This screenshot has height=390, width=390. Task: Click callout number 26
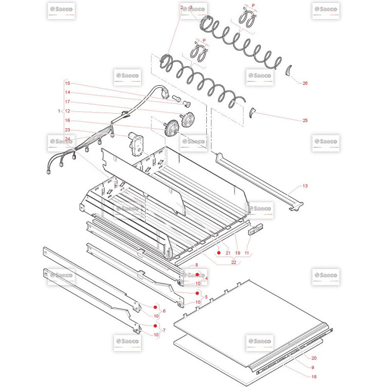pos(305,83)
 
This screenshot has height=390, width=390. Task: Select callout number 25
pos(305,120)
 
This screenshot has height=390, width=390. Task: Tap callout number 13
pos(305,186)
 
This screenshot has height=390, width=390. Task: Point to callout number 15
pos(67,83)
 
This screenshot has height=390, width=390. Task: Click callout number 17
pos(67,102)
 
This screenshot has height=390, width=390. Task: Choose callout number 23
pos(67,130)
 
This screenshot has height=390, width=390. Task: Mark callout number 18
pos(314,376)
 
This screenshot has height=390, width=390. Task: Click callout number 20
pos(314,358)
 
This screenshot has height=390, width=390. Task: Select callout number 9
pos(312,368)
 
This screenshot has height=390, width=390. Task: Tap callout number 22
pos(234,262)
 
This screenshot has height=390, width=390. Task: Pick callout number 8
pos(197,265)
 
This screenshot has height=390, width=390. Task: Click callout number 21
pos(228,253)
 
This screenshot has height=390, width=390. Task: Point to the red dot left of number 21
pos(219,253)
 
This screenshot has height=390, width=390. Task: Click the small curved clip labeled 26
pos(288,71)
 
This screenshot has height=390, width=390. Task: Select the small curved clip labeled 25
pos(252,113)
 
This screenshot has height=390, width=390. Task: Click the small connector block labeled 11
pos(255,229)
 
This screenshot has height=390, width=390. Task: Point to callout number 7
pos(164,331)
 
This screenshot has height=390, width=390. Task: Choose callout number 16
pos(67,120)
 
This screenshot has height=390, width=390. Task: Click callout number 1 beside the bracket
pos(59,111)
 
